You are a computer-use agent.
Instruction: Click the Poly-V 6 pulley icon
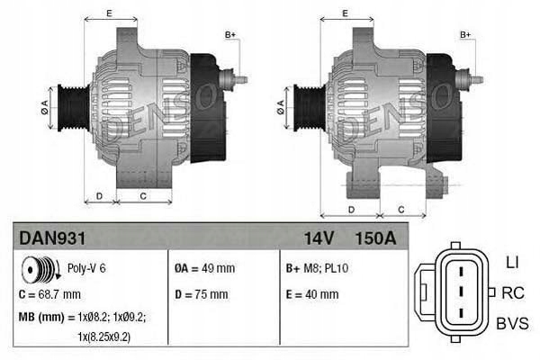(x=41, y=268)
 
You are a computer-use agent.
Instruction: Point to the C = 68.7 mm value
(x=51, y=294)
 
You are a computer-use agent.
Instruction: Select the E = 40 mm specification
(x=311, y=294)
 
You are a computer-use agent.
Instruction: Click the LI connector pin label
(x=512, y=262)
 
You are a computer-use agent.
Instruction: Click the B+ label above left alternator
(x=230, y=34)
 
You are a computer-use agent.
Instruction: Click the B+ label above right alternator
(x=466, y=34)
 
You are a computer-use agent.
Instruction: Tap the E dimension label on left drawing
(x=109, y=13)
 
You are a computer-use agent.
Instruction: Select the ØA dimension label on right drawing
(x=281, y=104)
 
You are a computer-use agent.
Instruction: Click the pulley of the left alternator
(x=68, y=106)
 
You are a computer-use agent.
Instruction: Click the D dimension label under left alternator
(x=99, y=195)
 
